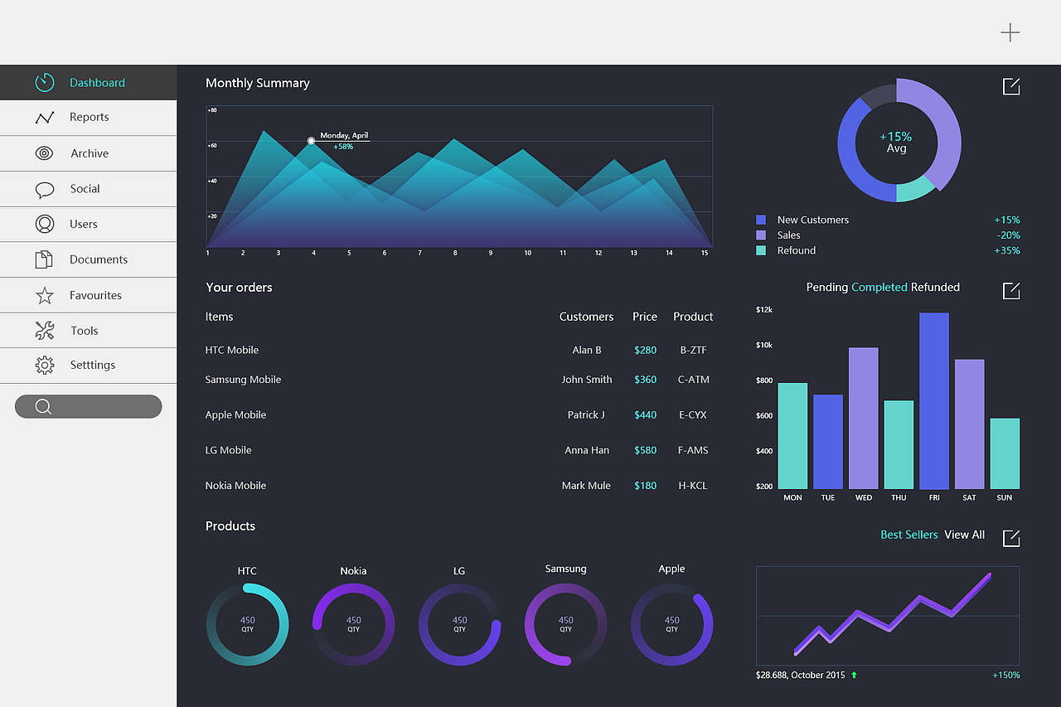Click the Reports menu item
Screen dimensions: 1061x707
click(x=89, y=117)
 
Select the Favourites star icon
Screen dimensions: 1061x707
click(x=45, y=295)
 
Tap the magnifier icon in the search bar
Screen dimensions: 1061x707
click(x=43, y=407)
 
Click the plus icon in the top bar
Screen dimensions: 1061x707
click(x=1010, y=32)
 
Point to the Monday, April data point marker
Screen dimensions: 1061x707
click(x=311, y=141)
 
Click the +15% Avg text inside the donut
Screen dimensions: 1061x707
click(x=896, y=142)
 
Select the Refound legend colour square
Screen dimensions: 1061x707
click(x=761, y=250)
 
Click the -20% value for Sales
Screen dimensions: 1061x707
click(x=1008, y=235)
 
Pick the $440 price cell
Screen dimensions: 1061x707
click(x=645, y=414)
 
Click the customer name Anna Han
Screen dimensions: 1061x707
click(x=587, y=450)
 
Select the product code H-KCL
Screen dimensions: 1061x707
click(x=692, y=486)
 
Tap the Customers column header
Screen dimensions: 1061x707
click(x=586, y=317)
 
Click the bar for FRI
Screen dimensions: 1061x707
click(x=934, y=400)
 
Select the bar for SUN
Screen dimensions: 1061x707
click(x=1005, y=453)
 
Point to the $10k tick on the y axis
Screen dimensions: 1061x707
click(x=764, y=345)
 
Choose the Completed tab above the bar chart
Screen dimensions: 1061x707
click(x=879, y=288)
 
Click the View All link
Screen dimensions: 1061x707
click(x=964, y=535)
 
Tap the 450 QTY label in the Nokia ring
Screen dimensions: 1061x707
click(x=353, y=624)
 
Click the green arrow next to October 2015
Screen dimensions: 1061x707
click(x=854, y=675)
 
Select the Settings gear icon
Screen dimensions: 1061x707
click(x=45, y=365)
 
